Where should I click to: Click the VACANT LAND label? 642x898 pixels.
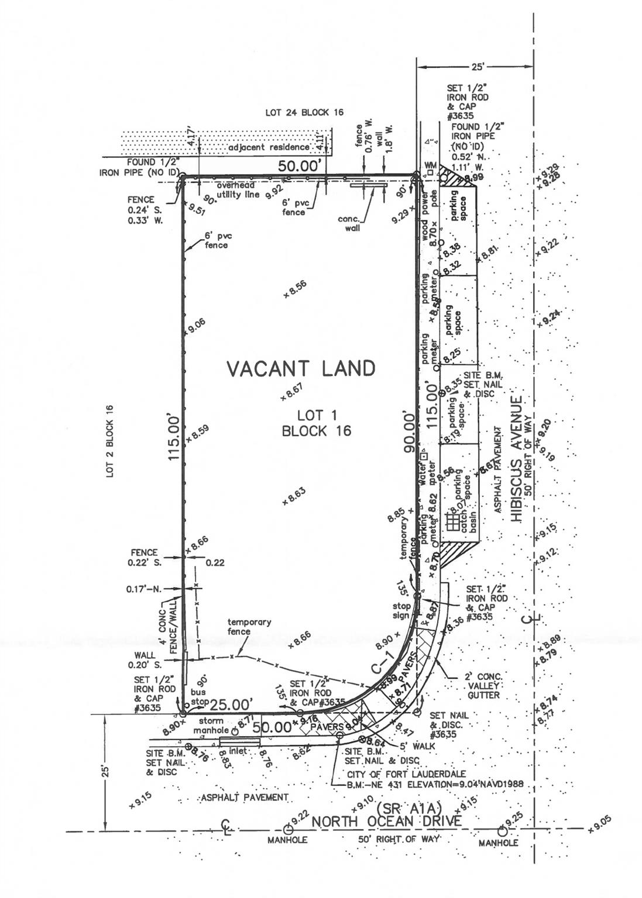click(301, 368)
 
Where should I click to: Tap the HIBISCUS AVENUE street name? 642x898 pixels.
click(516, 458)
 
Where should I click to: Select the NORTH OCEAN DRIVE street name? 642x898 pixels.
click(386, 821)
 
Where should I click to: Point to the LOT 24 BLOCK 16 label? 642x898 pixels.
click(304, 112)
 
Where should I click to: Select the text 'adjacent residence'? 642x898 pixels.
click(269, 147)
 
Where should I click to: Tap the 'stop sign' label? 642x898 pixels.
click(402, 610)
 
